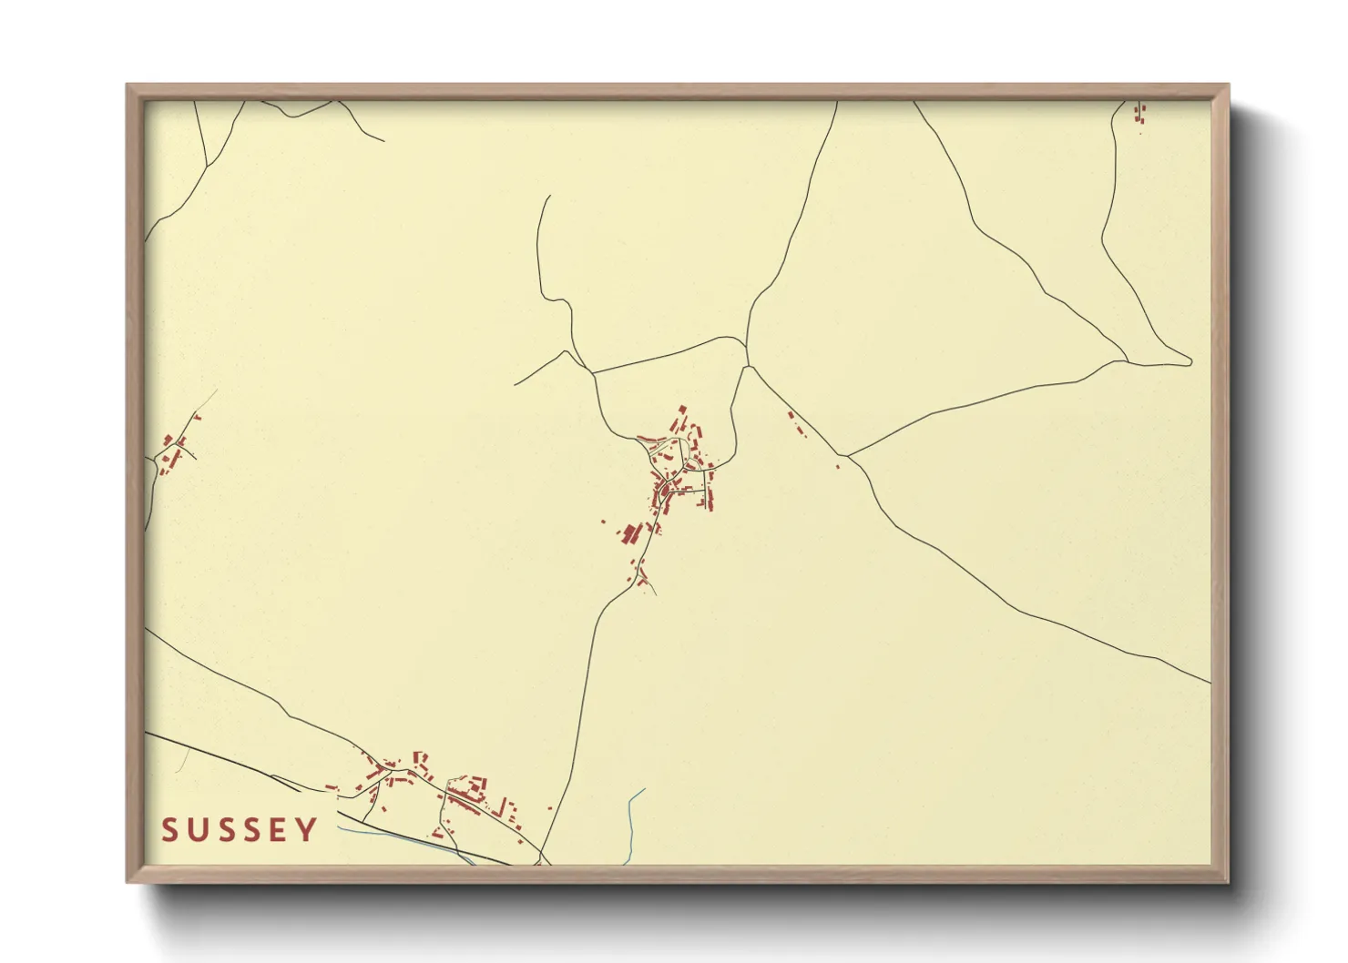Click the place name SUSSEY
pyautogui.click(x=240, y=830)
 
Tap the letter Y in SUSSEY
pyautogui.click(x=308, y=830)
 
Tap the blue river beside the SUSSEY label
pyautogui.click(x=383, y=833)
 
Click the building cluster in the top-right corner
pyautogui.click(x=1139, y=113)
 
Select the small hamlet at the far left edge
pyautogui.click(x=173, y=451)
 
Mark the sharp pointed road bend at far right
pyautogui.click(x=1190, y=361)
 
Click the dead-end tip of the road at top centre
pyautogui.click(x=549, y=196)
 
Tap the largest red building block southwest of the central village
pyautogui.click(x=630, y=532)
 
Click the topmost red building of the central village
pyautogui.click(x=682, y=409)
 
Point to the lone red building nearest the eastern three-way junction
pyautogui.click(x=837, y=467)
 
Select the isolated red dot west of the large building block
pyautogui.click(x=602, y=522)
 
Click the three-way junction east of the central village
pyautogui.click(x=846, y=455)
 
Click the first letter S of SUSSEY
pyautogui.click(x=169, y=830)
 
